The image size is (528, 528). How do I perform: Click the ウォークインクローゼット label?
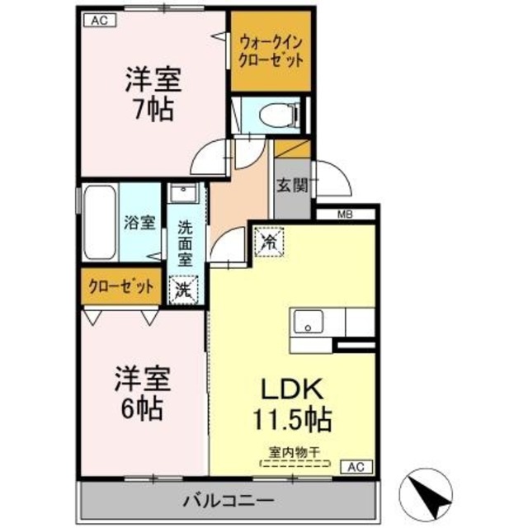pyautogui.click(x=271, y=50)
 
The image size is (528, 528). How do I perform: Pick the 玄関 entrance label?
pyautogui.click(x=291, y=186)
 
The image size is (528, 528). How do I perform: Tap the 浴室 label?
pyautogui.click(x=139, y=222)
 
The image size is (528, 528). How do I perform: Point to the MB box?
pyautogui.click(x=346, y=214)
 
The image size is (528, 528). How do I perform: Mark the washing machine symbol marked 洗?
pyautogui.click(x=184, y=290)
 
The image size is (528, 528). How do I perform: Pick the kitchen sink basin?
pyautogui.click(x=309, y=320)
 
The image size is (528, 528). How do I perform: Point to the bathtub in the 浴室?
pyautogui.click(x=99, y=222)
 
